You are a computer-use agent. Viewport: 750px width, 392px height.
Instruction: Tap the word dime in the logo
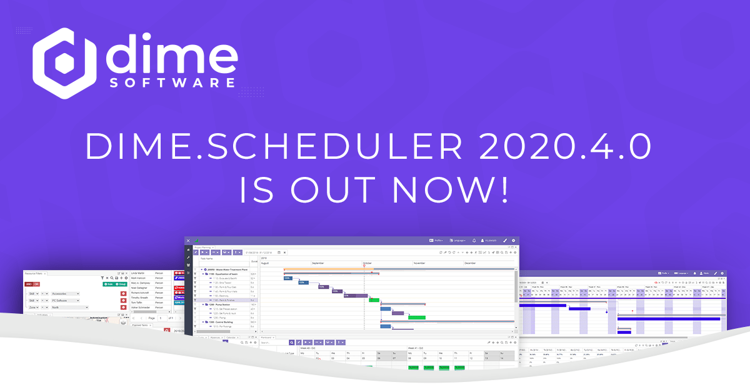point(171,54)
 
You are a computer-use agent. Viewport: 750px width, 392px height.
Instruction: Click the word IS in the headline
point(259,189)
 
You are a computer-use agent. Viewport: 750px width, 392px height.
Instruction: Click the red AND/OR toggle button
point(32,284)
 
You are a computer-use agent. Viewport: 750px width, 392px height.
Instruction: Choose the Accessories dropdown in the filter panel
point(65,293)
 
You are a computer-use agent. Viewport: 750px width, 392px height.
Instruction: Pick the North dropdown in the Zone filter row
point(65,307)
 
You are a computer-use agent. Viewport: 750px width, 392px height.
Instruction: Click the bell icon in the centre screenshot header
point(474,240)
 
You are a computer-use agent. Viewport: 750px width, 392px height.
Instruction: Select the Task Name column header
point(207,258)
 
